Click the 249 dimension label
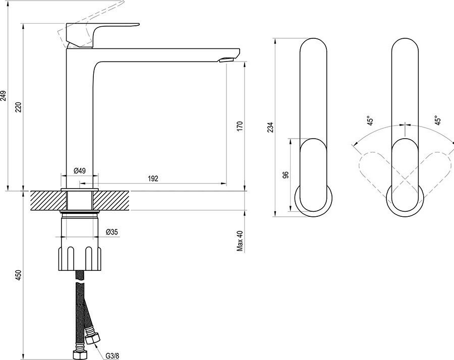(x=3, y=96)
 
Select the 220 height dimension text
(x=19, y=108)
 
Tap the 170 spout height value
(x=240, y=127)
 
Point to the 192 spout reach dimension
(x=153, y=178)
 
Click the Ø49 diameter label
(x=79, y=171)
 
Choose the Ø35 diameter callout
(x=112, y=231)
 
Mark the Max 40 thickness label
(x=240, y=241)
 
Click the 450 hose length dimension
(x=19, y=275)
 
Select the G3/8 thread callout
(x=112, y=355)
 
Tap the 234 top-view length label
(x=270, y=128)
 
